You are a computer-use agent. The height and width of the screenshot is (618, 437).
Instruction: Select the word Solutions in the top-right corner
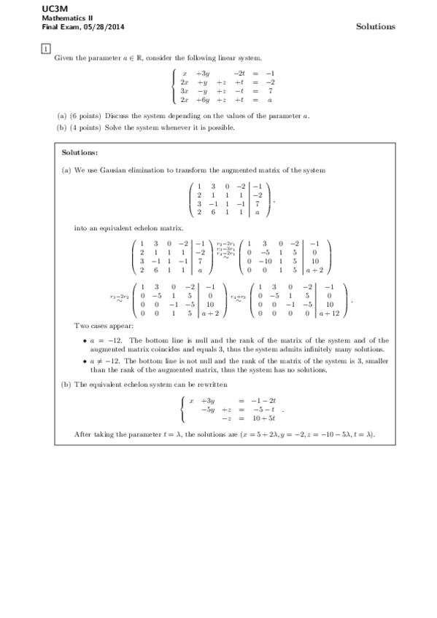coord(375,26)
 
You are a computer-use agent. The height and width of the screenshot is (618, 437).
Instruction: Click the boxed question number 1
coord(45,49)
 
